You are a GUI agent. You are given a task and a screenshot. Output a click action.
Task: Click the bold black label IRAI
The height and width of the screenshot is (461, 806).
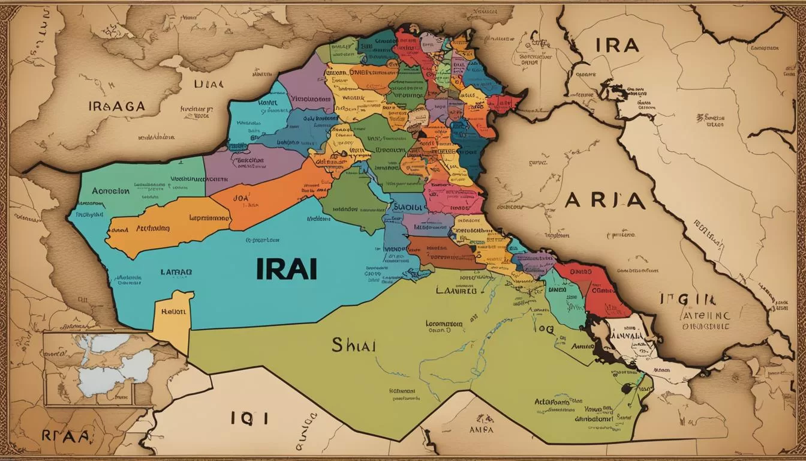click(x=287, y=269)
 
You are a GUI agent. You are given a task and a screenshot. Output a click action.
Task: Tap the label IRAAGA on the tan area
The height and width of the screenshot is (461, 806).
click(x=116, y=106)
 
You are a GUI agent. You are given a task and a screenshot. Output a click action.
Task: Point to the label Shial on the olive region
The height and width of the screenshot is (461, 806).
click(x=353, y=346)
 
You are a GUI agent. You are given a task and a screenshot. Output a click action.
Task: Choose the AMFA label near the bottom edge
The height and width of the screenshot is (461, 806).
click(x=482, y=429)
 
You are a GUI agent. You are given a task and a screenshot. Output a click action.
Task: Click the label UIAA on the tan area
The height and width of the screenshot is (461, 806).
click(x=208, y=84)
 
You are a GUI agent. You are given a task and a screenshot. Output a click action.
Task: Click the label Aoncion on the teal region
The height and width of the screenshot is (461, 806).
click(x=110, y=191)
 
